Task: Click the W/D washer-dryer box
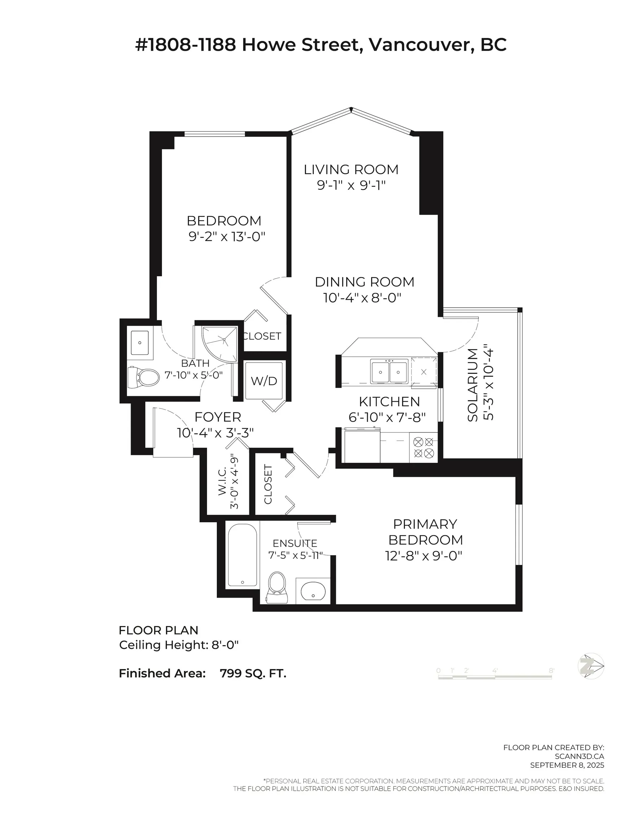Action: tap(264, 380)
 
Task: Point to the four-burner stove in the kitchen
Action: tap(423, 447)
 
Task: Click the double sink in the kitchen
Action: tap(389, 372)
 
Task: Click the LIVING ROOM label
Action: tap(351, 170)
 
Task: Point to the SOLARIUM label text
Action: tap(472, 385)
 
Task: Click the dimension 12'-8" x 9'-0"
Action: tap(423, 556)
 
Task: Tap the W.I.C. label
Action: tap(223, 482)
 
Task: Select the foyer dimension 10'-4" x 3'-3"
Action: tap(215, 433)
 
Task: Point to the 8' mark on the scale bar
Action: tap(551, 670)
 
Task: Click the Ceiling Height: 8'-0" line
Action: tap(179, 645)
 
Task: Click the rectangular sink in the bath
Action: tap(140, 343)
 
